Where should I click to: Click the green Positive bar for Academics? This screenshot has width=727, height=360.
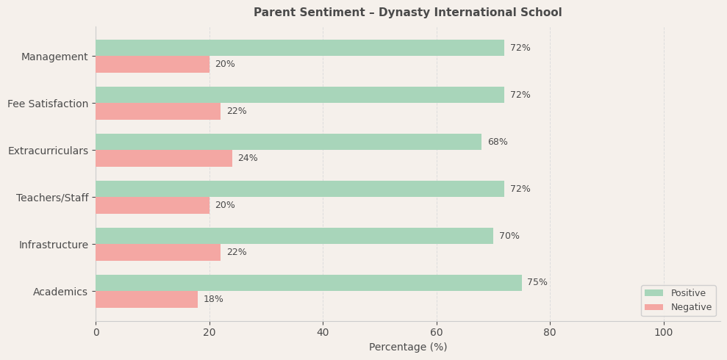click(x=309, y=283)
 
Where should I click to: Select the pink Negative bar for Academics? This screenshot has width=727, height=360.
click(x=147, y=299)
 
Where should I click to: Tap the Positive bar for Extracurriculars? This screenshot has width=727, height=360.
click(x=288, y=142)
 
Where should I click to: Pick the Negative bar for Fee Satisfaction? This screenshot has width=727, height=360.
click(x=158, y=111)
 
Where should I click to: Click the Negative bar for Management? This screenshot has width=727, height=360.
click(x=152, y=64)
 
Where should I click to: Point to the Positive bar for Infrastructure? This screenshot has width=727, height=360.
click(x=294, y=236)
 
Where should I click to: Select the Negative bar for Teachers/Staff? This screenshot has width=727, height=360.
click(x=152, y=205)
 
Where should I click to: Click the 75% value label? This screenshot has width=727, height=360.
click(x=537, y=283)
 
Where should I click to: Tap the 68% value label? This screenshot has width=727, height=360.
click(x=497, y=142)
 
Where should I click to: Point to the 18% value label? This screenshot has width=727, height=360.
click(x=213, y=299)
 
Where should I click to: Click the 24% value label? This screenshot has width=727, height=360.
click(x=247, y=158)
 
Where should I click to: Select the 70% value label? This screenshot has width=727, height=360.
click(x=509, y=236)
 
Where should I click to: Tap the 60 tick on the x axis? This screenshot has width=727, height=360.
click(x=437, y=332)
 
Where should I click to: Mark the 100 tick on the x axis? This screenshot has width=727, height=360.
click(x=663, y=332)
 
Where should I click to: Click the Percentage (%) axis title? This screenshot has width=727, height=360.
click(x=408, y=347)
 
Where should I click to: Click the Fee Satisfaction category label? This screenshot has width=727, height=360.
click(x=48, y=104)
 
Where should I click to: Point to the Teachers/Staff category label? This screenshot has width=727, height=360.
click(x=52, y=198)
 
